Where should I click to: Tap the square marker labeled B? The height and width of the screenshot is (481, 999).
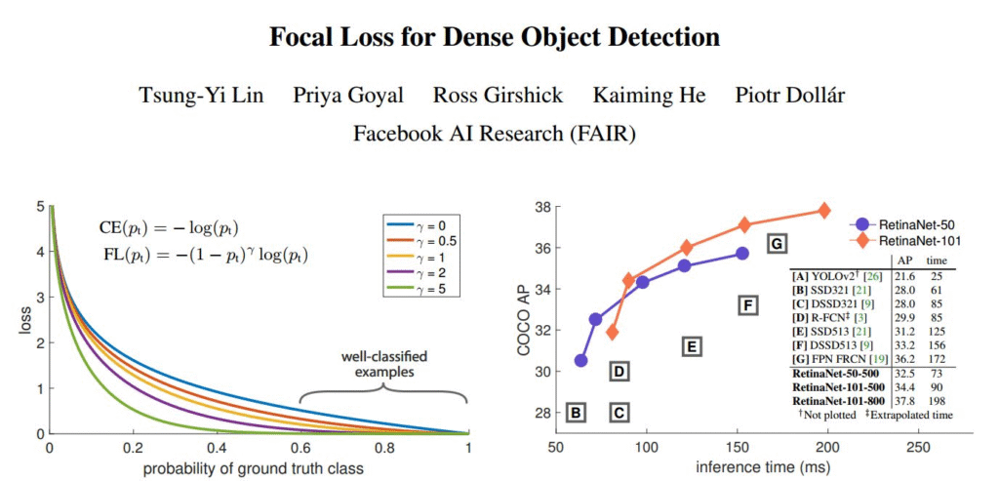coord(577,413)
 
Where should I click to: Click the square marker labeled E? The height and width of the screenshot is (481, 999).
coord(691,346)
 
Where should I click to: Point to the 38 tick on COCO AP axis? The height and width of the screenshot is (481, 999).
coord(543,207)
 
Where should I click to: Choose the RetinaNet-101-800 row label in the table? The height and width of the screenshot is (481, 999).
coord(840,401)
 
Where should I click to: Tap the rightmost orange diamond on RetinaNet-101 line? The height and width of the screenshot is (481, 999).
coord(824,211)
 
